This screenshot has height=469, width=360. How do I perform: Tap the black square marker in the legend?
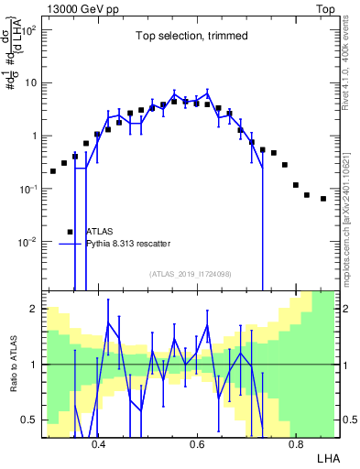70,232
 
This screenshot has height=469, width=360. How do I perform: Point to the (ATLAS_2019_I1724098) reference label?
191,273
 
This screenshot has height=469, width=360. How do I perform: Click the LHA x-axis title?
327,456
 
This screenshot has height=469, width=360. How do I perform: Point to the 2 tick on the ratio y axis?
34,309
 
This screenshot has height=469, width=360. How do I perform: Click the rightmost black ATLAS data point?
322,198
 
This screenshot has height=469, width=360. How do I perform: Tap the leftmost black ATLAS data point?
53,170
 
